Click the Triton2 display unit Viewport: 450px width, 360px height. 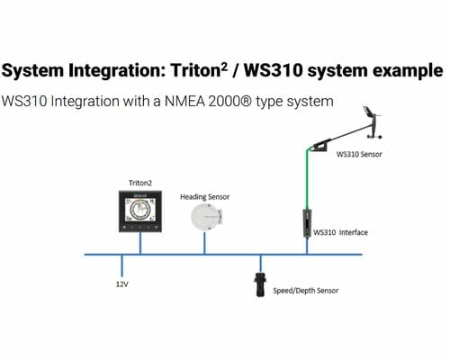click(x=140, y=211)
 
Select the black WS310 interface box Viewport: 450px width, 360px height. click(x=307, y=223)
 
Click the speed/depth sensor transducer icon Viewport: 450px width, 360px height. click(x=260, y=284)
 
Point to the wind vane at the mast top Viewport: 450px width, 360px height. click(x=372, y=122)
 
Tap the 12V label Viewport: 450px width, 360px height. click(x=121, y=284)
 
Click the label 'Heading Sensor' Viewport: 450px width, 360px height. click(x=204, y=197)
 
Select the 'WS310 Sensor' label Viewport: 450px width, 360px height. click(x=359, y=154)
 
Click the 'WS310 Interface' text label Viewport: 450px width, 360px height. click(x=340, y=232)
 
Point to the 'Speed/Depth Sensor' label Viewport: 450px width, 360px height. click(x=305, y=291)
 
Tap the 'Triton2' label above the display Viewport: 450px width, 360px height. click(x=140, y=183)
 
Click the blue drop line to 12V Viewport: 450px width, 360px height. click(x=121, y=265)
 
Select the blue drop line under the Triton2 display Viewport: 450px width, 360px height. click(x=140, y=243)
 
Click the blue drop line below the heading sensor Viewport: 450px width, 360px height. click(x=204, y=243)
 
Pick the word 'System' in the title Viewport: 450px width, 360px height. click(x=33, y=71)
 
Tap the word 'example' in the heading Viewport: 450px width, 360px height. click(x=408, y=71)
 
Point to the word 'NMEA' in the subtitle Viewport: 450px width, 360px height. click(x=184, y=101)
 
